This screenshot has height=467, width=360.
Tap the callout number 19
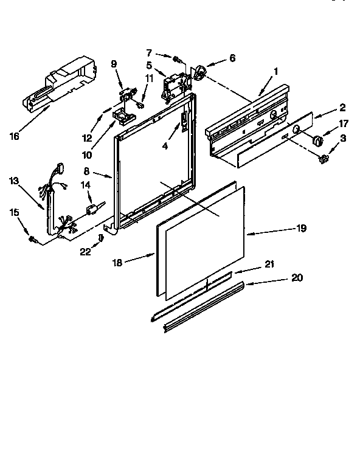[301, 229]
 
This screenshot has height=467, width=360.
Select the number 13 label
[14, 181]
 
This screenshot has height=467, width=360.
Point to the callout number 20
[296, 278]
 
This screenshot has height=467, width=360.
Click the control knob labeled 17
[317, 140]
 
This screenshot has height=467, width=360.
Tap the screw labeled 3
[324, 160]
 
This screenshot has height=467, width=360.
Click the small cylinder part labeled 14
[93, 210]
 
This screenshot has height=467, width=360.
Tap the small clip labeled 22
[101, 238]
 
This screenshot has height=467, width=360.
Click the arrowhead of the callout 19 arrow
[247, 233]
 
